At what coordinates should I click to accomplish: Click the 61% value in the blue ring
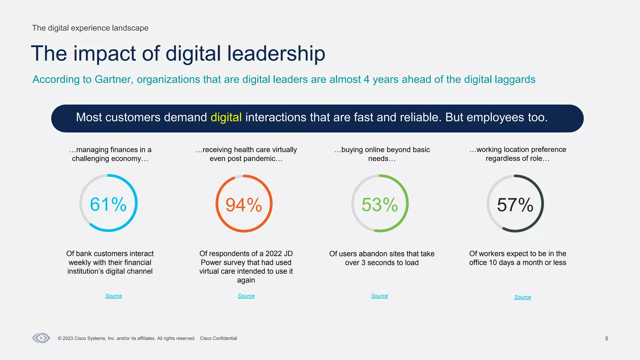pyautogui.click(x=108, y=204)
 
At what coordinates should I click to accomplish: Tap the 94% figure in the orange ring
pyautogui.click(x=244, y=205)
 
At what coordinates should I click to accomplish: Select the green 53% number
pyautogui.click(x=380, y=205)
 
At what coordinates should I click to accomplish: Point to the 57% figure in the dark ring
pyautogui.click(x=515, y=205)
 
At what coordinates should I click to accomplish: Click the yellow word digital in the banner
pyautogui.click(x=226, y=117)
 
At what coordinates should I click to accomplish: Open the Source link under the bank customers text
pyautogui.click(x=114, y=296)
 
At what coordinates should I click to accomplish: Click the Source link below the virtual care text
pyautogui.click(x=246, y=296)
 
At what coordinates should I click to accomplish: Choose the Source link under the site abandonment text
pyautogui.click(x=380, y=296)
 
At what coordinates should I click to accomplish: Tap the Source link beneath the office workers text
pyautogui.click(x=523, y=297)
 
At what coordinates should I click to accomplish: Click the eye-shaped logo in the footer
pyautogui.click(x=41, y=338)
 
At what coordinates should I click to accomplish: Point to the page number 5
pyautogui.click(x=607, y=339)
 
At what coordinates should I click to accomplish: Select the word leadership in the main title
pyautogui.click(x=276, y=53)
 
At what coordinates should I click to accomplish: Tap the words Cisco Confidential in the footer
pyautogui.click(x=218, y=338)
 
